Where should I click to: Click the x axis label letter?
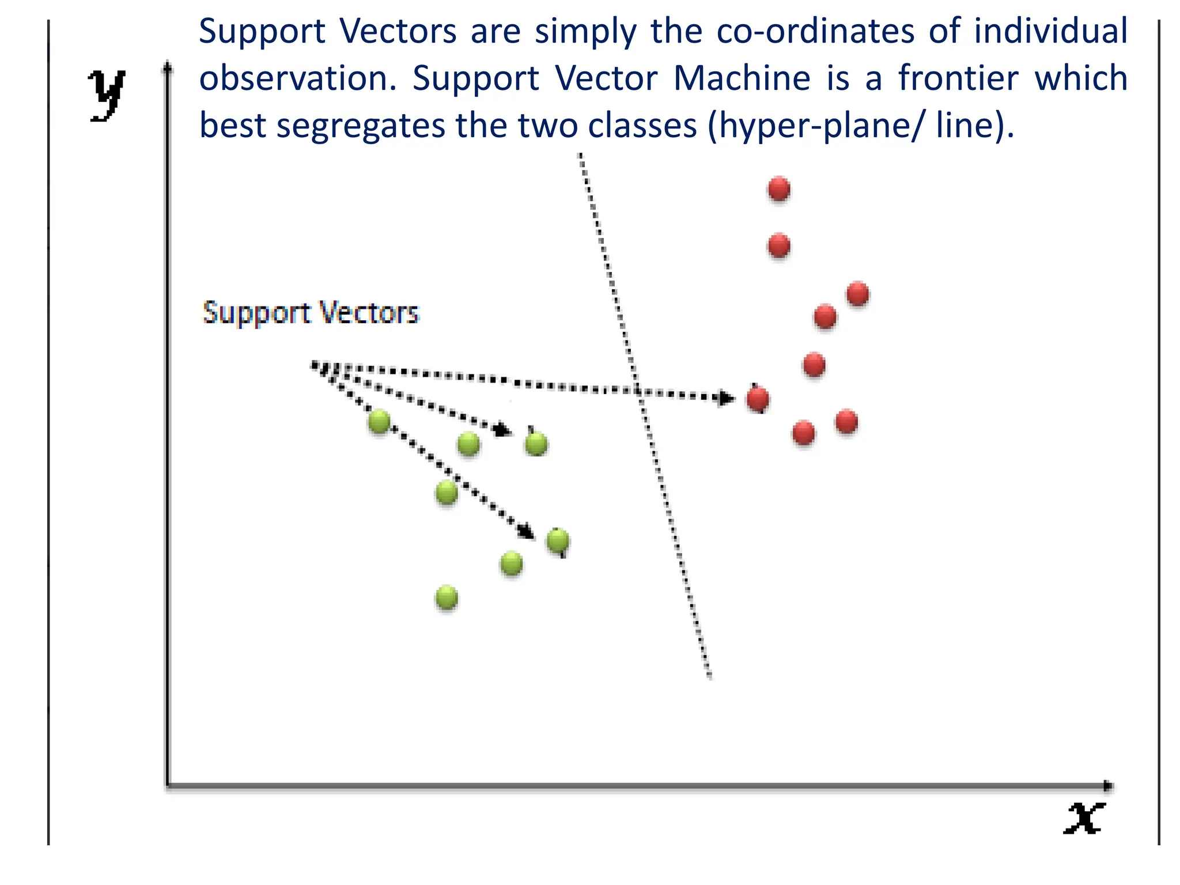click(x=1084, y=818)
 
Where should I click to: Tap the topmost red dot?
click(x=778, y=188)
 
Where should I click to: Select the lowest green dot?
click(x=447, y=597)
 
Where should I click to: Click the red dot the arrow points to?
click(x=758, y=399)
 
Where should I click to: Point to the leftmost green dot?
click(x=379, y=421)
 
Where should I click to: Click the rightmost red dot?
click(x=857, y=294)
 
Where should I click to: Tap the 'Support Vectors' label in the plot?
click(x=311, y=313)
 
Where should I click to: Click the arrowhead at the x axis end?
click(x=1107, y=785)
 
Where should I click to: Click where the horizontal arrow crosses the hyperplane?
click(x=637, y=392)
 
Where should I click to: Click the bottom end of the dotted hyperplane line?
click(x=710, y=676)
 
